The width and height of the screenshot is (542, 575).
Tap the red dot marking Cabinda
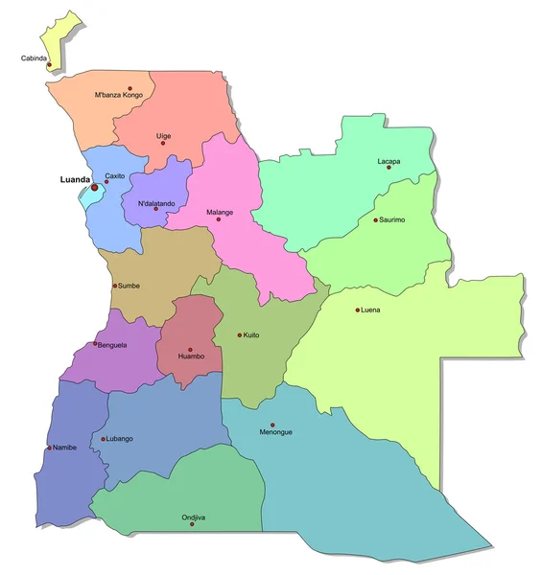point(49,65)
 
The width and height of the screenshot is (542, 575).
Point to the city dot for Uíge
point(163,144)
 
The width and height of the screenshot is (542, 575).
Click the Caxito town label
point(115,176)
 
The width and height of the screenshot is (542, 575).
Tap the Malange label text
point(220,212)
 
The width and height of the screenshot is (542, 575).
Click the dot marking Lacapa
point(389,168)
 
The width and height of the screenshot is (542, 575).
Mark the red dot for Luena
point(358,310)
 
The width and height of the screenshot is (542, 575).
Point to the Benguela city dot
point(93,344)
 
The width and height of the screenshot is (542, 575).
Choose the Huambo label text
point(191,357)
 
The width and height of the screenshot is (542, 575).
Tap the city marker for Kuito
point(240,334)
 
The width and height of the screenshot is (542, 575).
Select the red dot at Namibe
point(49,448)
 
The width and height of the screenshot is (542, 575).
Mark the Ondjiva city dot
point(192,524)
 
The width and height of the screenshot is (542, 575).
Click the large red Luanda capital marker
point(95,187)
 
